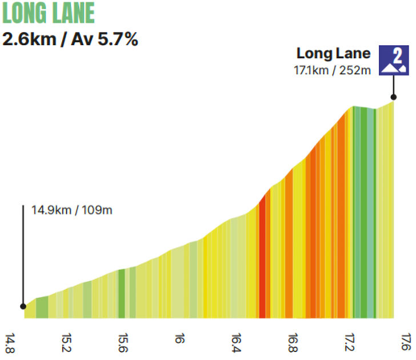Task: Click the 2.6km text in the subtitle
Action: pos(27,40)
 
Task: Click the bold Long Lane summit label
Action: pos(333,54)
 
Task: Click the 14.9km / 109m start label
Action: pos(71,210)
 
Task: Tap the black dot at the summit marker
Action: pos(393,97)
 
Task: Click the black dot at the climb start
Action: pos(24,306)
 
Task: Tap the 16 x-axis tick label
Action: pos(180,338)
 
